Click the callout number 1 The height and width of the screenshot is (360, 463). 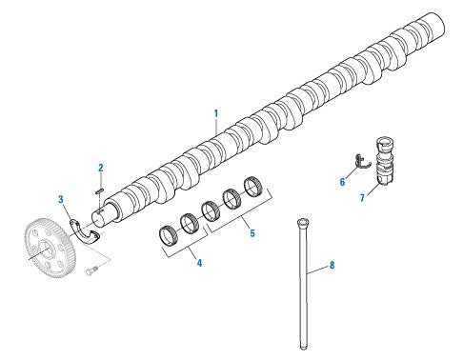(216, 113)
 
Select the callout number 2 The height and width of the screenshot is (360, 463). (101, 168)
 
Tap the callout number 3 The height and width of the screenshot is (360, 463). (61, 199)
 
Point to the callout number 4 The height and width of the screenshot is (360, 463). (199, 263)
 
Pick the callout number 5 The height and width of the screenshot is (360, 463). (252, 233)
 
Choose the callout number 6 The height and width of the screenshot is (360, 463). (342, 182)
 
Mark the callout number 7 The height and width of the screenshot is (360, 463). (362, 198)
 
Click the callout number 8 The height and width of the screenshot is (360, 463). (332, 265)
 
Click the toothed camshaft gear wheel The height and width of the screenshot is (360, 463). (50, 247)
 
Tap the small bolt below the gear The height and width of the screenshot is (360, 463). (91, 271)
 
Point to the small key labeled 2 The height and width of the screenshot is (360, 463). (99, 190)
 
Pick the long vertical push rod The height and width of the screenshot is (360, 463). (303, 284)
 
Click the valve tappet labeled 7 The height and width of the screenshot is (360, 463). (385, 160)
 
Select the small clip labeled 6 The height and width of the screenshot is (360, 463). (362, 161)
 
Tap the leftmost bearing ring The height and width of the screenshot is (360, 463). (170, 235)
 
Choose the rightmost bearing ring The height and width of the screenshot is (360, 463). (253, 187)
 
